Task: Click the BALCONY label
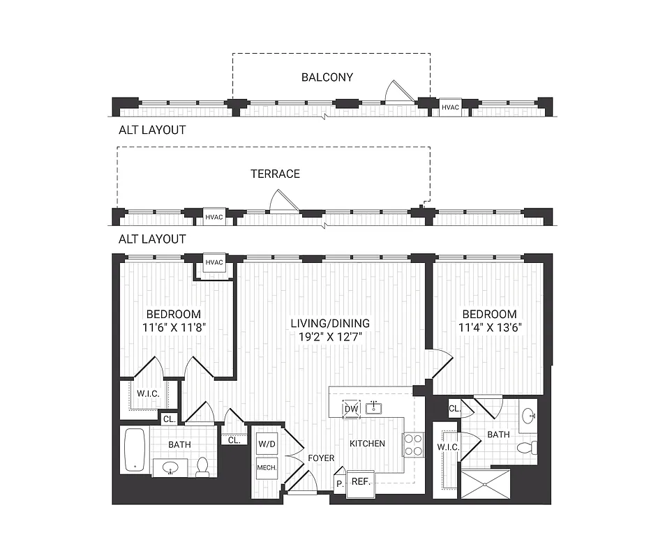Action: click(327, 77)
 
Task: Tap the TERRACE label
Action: click(275, 174)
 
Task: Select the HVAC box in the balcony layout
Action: click(450, 107)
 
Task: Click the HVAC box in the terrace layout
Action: click(214, 216)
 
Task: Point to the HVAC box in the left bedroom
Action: click(214, 263)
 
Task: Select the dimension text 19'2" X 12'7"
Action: click(331, 335)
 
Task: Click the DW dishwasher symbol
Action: click(351, 407)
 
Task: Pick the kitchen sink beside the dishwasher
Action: click(375, 407)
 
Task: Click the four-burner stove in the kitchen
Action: click(413, 444)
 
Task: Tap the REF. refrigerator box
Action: click(360, 482)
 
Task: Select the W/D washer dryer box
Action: click(266, 444)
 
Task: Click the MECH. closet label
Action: click(266, 467)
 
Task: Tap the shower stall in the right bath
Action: click(485, 483)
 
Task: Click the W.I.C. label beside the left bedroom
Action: click(148, 394)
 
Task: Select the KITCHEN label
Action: click(367, 444)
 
